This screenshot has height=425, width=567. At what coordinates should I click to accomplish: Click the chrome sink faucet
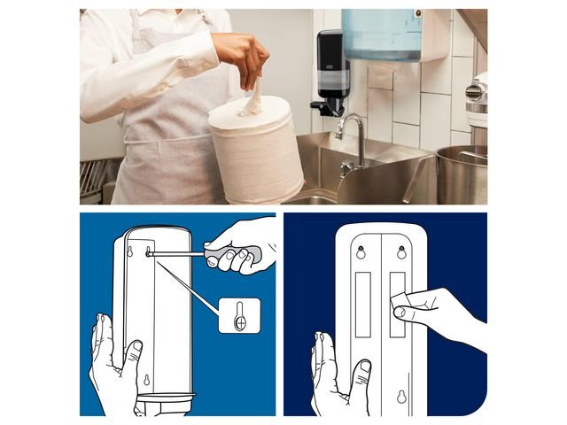click(x=353, y=137)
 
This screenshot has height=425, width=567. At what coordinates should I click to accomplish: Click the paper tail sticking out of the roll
click(x=254, y=97)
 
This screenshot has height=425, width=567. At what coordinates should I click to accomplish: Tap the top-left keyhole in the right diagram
click(x=361, y=252)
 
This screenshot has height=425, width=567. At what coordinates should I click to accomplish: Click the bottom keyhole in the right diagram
click(x=380, y=397)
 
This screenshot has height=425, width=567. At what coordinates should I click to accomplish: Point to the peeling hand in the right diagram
click(x=439, y=314)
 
